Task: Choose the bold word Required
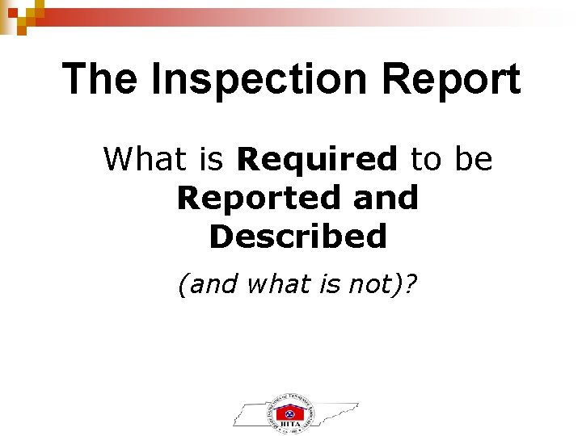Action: coord(317,159)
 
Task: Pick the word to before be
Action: coord(428,159)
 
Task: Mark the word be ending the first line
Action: coord(473,159)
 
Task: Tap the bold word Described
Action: coord(297,237)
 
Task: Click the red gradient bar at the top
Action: coord(242,14)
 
